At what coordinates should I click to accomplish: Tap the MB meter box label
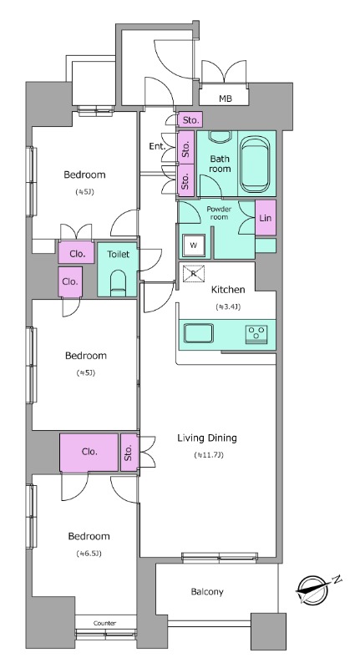pyautogui.click(x=226, y=99)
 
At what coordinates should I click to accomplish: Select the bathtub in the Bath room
pyautogui.click(x=255, y=164)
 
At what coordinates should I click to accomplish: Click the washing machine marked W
pyautogui.click(x=194, y=245)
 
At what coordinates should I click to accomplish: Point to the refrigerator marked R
pyautogui.click(x=194, y=274)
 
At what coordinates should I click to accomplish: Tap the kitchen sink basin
pyautogui.click(x=199, y=333)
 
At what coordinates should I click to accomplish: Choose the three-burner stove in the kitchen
pyautogui.click(x=256, y=332)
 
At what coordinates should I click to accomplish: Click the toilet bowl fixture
pyautogui.click(x=118, y=283)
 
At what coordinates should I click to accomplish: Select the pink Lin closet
pyautogui.click(x=266, y=218)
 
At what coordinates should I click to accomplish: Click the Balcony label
pyautogui.click(x=207, y=592)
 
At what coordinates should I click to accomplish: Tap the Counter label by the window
pyautogui.click(x=104, y=623)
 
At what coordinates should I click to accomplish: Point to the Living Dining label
pyautogui.click(x=207, y=438)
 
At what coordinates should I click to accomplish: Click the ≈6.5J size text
pyautogui.click(x=89, y=554)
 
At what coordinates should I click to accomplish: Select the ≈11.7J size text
pyautogui.click(x=208, y=455)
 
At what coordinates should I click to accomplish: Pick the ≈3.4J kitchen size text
pyautogui.click(x=228, y=306)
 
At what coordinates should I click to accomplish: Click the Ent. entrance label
pyautogui.click(x=157, y=147)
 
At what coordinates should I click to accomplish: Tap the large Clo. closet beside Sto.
pyautogui.click(x=89, y=453)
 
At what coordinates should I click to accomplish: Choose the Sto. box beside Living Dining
pyautogui.click(x=129, y=453)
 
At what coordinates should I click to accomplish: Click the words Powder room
pyautogui.click(x=219, y=213)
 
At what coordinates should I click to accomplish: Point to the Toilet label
pyautogui.click(x=118, y=255)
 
